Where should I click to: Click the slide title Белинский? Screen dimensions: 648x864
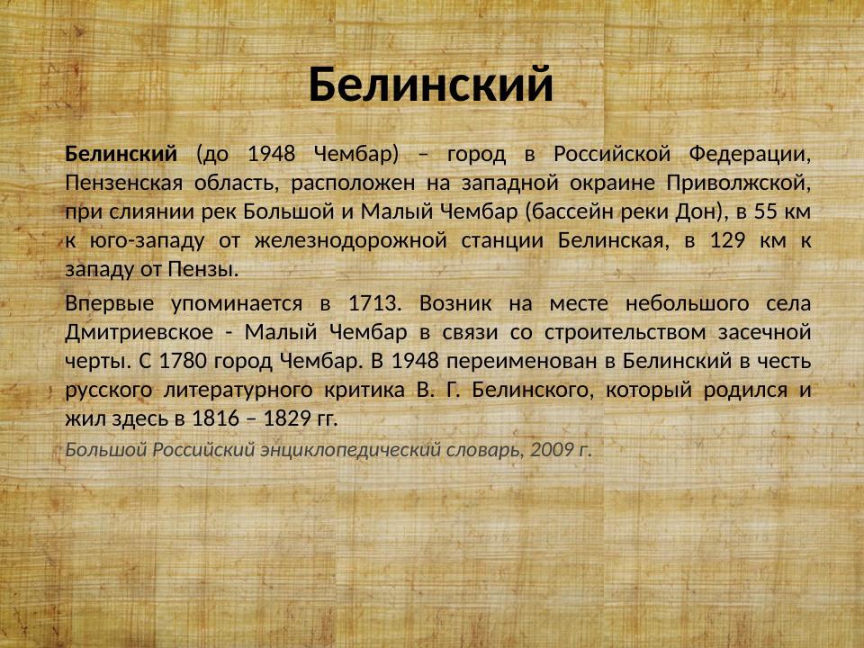[x=430, y=85]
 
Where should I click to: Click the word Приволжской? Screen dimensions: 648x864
[x=739, y=183]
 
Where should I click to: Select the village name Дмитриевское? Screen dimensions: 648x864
[x=139, y=330]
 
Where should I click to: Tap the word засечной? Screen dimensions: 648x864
[x=766, y=330]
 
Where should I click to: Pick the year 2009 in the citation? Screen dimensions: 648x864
[x=548, y=448]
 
